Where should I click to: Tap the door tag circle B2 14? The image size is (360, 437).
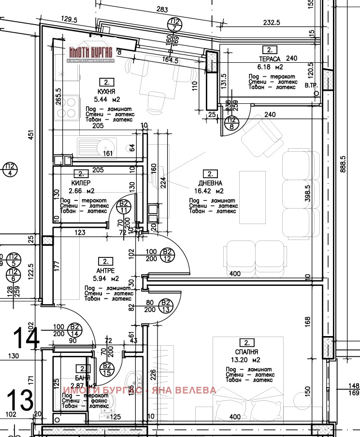tap(75, 330)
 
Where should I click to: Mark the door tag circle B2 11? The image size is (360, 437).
tap(124, 207)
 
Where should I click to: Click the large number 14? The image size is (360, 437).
tap(26, 337)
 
